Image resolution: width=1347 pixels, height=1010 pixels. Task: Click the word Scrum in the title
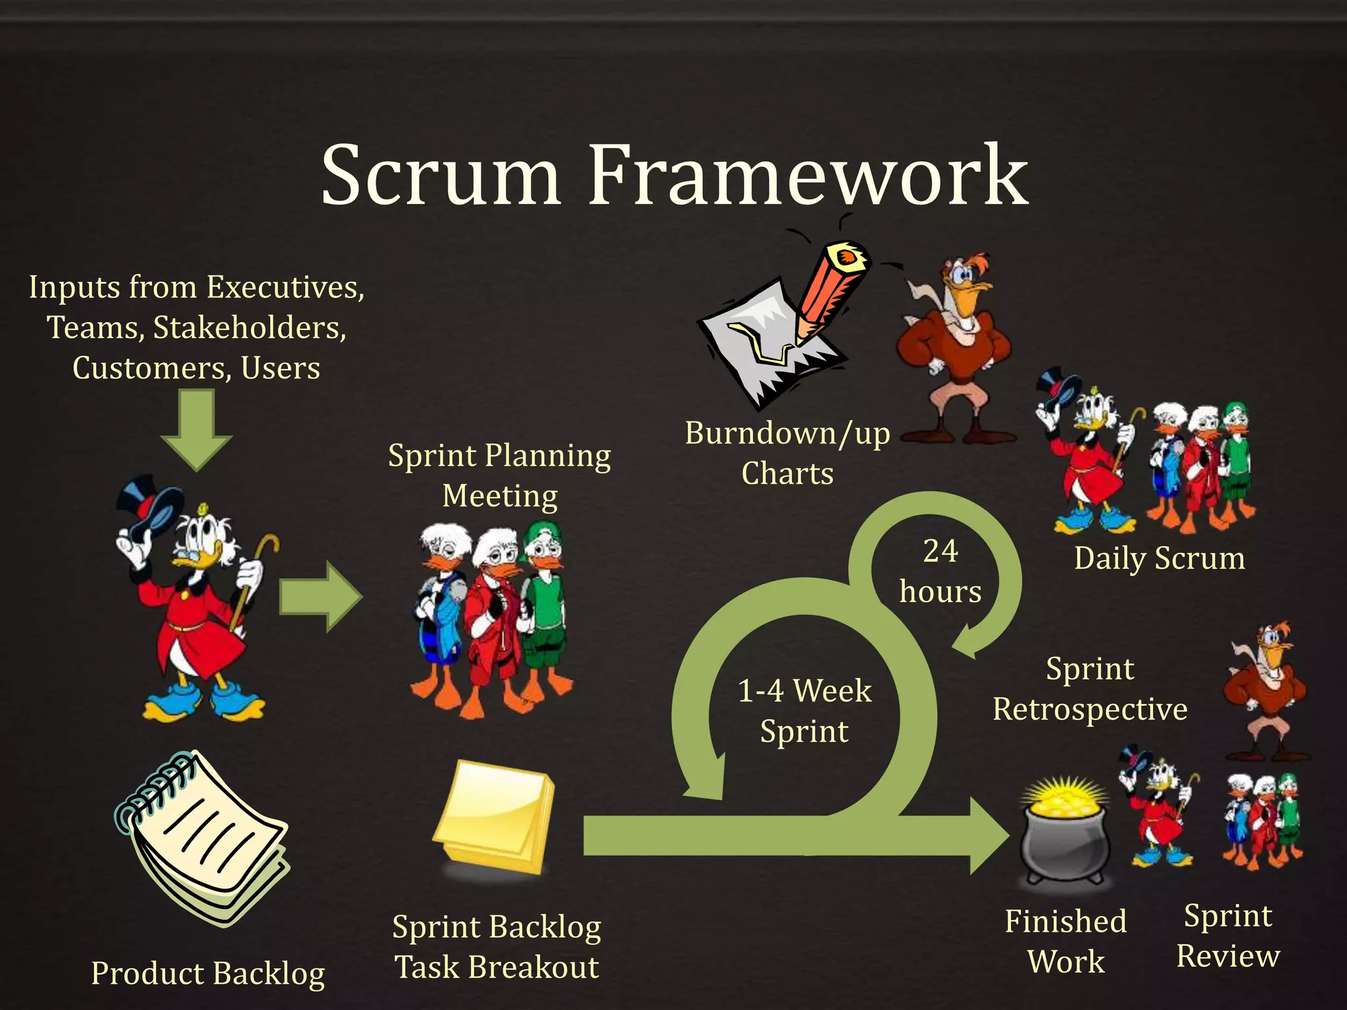[x=441, y=176]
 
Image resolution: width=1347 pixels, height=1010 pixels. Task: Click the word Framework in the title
[x=808, y=176]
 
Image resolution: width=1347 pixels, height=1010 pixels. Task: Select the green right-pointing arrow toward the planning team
[x=320, y=597]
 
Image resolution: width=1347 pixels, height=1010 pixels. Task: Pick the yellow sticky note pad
[x=495, y=817]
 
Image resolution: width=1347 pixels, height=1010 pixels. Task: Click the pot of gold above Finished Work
[x=1064, y=832]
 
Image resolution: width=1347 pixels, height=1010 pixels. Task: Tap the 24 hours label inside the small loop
[x=940, y=571]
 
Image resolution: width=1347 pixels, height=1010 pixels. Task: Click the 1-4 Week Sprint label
[x=804, y=711]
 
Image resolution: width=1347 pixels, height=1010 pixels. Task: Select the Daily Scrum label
[x=1159, y=558]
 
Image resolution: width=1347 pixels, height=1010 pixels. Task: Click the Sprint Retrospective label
[x=1090, y=688]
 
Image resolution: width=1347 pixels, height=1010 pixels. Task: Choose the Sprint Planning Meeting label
[x=499, y=475]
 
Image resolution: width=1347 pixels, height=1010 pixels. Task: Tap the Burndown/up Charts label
[x=787, y=453]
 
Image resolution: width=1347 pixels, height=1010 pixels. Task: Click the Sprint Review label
[x=1228, y=936]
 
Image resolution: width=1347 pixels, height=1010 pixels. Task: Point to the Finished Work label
[x=1065, y=941]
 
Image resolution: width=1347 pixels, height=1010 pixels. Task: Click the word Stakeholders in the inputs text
[x=250, y=327]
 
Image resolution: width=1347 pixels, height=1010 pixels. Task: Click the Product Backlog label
[x=208, y=973]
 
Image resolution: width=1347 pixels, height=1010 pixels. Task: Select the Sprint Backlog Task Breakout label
[x=497, y=947]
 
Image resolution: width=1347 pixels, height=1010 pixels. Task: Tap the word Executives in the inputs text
[x=285, y=287]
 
